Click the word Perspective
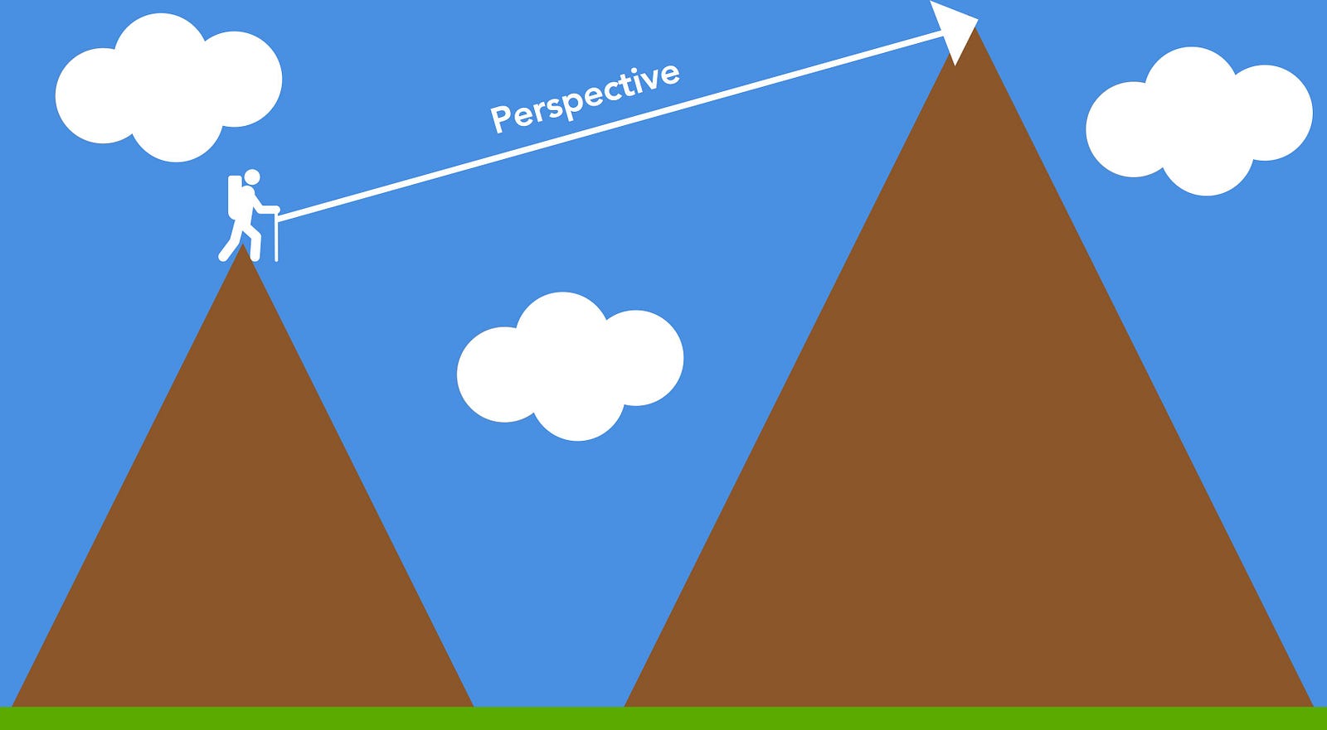click(585, 98)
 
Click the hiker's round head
click(252, 176)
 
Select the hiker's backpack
click(235, 196)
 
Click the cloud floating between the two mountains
click(571, 366)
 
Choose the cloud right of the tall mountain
click(1199, 122)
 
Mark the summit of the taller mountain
click(975, 28)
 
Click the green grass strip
click(663, 718)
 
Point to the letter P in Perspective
click(498, 119)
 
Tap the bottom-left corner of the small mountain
click(13, 705)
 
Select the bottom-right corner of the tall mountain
click(1313, 705)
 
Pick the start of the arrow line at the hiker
click(279, 219)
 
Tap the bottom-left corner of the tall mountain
click(625, 705)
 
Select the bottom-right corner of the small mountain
click(472, 705)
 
